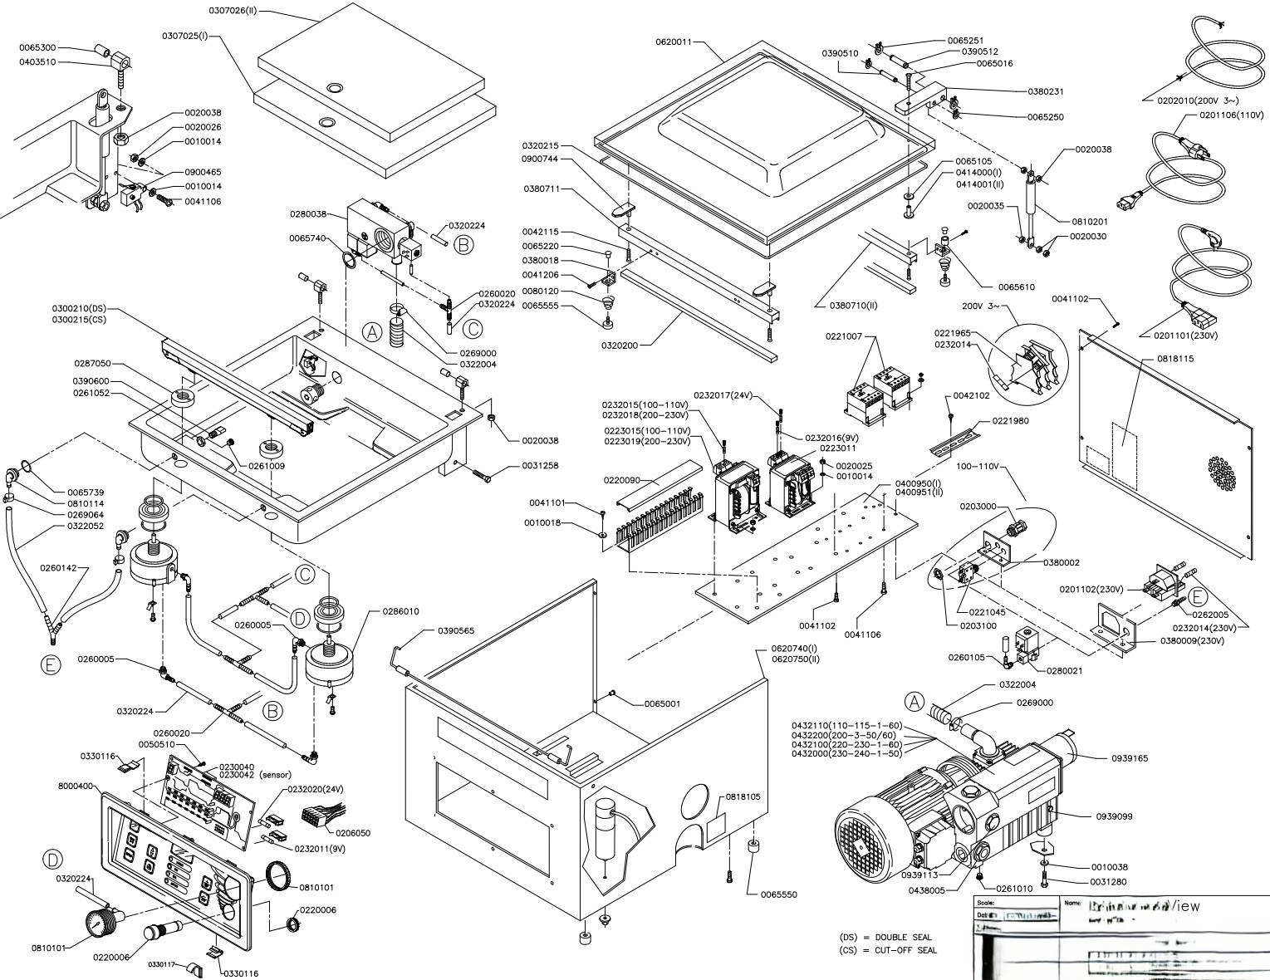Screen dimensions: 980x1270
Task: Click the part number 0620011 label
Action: click(x=674, y=41)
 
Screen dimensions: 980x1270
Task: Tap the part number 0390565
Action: click(x=457, y=631)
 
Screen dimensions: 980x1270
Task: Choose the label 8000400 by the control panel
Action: click(x=76, y=785)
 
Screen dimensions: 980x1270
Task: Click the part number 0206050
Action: click(x=352, y=832)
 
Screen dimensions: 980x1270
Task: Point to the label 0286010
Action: click(x=402, y=611)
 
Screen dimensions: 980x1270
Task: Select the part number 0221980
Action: click(x=1009, y=421)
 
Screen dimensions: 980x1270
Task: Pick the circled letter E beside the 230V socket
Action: click(x=1198, y=596)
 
